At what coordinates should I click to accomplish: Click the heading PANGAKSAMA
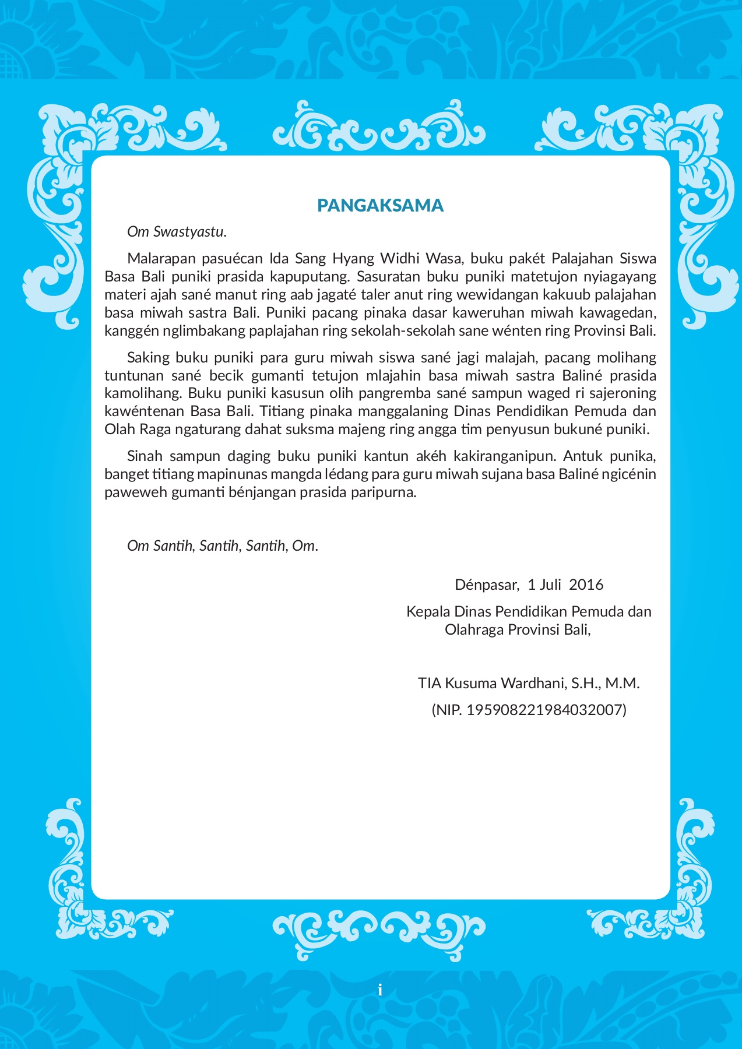point(380,205)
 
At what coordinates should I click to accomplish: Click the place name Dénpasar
point(486,585)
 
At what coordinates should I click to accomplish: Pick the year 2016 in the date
point(586,585)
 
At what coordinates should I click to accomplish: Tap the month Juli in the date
point(550,585)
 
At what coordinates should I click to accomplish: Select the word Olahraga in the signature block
point(474,629)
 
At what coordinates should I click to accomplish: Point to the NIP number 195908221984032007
point(545,710)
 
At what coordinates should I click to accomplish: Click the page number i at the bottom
point(380,990)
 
